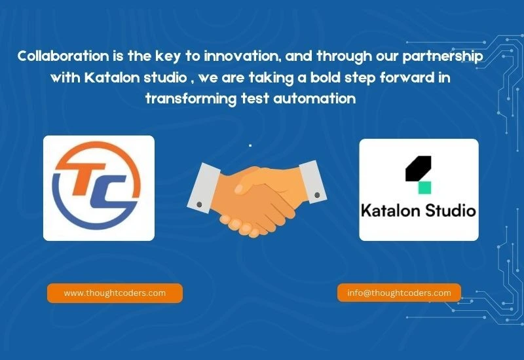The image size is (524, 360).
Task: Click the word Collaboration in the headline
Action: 64,56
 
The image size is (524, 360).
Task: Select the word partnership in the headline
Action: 443,57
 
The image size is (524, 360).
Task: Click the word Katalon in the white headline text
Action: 112,77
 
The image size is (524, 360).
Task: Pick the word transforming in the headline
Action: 191,99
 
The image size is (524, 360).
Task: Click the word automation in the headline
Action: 314,99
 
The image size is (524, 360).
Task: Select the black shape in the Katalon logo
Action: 418,168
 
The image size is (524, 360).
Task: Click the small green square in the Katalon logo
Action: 424,188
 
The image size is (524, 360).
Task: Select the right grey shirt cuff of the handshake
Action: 312,182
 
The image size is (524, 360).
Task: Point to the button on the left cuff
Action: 199,204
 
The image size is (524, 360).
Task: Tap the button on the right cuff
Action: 317,194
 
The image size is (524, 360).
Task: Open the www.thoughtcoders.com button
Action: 115,293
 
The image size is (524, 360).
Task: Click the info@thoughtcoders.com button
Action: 399,293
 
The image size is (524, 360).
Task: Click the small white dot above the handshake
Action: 250,145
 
